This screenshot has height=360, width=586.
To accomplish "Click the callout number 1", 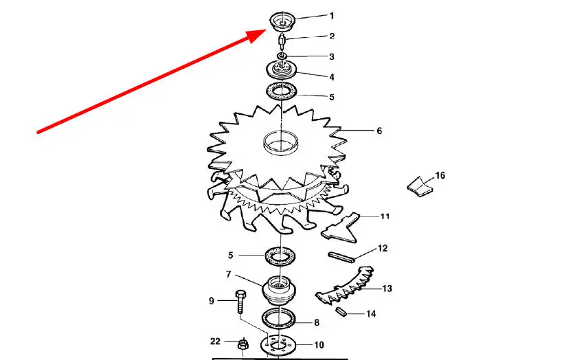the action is (332, 16).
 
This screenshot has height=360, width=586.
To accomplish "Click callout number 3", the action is (332, 56).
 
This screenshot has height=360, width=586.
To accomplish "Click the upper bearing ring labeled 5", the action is (281, 91).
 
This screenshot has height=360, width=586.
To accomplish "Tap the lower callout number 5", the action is (231, 255).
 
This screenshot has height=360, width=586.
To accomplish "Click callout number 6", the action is (379, 131).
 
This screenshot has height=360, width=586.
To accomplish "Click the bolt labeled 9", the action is (240, 302).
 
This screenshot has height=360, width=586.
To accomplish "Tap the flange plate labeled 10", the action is (278, 345).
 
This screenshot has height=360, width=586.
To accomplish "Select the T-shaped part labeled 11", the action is (341, 227).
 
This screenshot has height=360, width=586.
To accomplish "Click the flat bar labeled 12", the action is (341, 257).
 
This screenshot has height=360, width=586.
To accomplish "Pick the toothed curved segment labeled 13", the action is (345, 286).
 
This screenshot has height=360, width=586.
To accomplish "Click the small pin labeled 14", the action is (340, 311).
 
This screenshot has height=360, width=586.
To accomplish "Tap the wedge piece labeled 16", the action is (420, 186).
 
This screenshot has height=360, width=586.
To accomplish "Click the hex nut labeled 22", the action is (243, 344).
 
